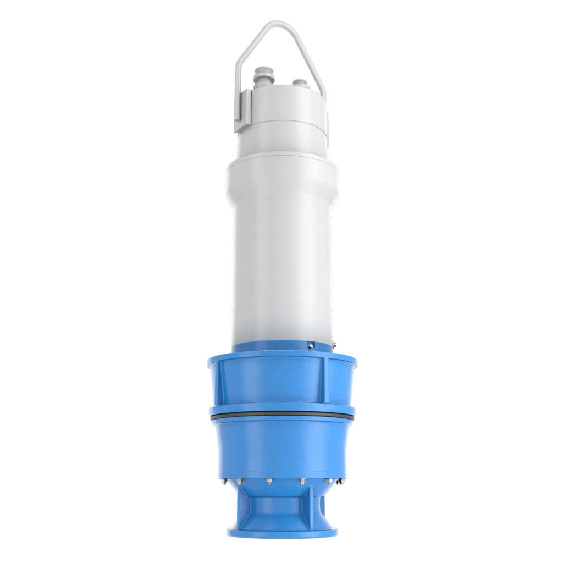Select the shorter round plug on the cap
point(301,83)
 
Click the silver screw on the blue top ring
point(311,346)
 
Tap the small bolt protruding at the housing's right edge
point(333,346)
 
